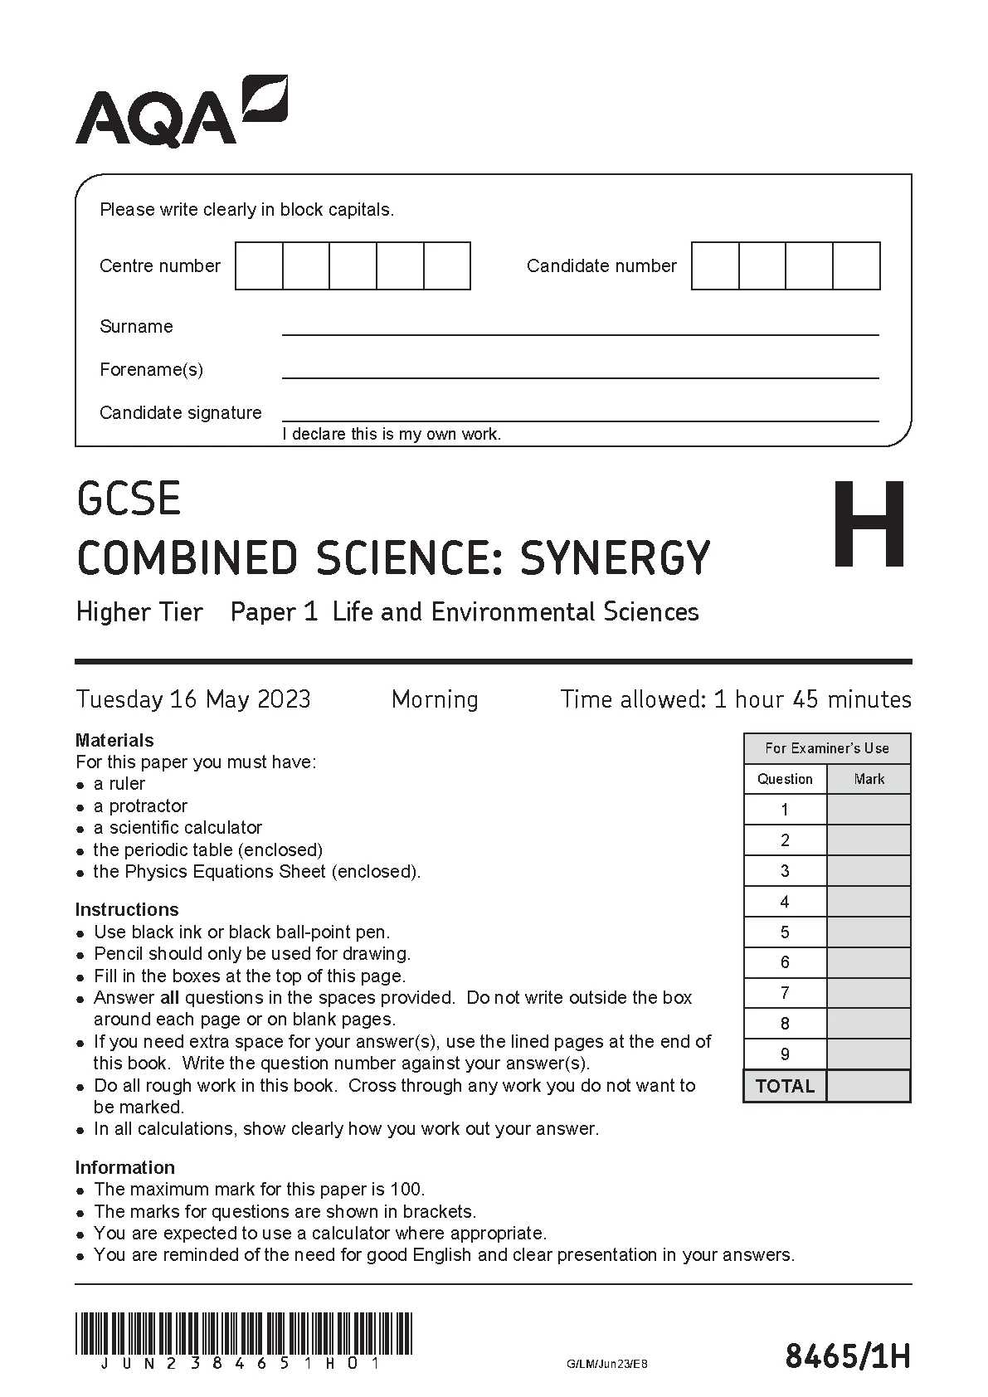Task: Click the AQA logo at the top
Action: (x=181, y=112)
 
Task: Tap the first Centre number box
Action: (x=259, y=265)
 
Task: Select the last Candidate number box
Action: (x=856, y=265)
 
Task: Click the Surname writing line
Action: (x=580, y=329)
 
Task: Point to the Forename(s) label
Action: (x=151, y=369)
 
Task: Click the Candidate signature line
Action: (x=580, y=415)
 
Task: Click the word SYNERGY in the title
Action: (x=615, y=557)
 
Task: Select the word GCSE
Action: (x=129, y=499)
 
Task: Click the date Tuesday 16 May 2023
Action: (x=193, y=699)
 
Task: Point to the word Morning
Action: (x=435, y=699)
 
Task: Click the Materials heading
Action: (x=114, y=740)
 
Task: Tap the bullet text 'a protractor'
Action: (x=140, y=806)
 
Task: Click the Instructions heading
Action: (x=126, y=909)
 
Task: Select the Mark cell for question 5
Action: (x=869, y=932)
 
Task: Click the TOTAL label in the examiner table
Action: (x=785, y=1086)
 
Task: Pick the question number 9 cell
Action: (x=785, y=1054)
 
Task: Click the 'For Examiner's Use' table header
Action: (x=827, y=748)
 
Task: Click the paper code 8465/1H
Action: (x=847, y=1357)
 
